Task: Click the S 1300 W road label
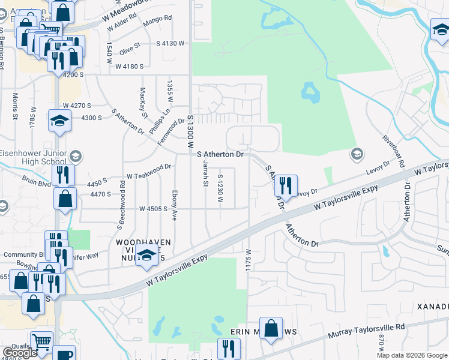(x=191, y=132)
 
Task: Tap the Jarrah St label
(x=205, y=172)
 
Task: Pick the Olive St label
(x=130, y=48)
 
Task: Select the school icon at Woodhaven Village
(x=146, y=256)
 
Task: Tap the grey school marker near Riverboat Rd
(x=357, y=154)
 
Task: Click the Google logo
(x=20, y=353)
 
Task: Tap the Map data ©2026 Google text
(x=411, y=355)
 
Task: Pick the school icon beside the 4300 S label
(x=59, y=121)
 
